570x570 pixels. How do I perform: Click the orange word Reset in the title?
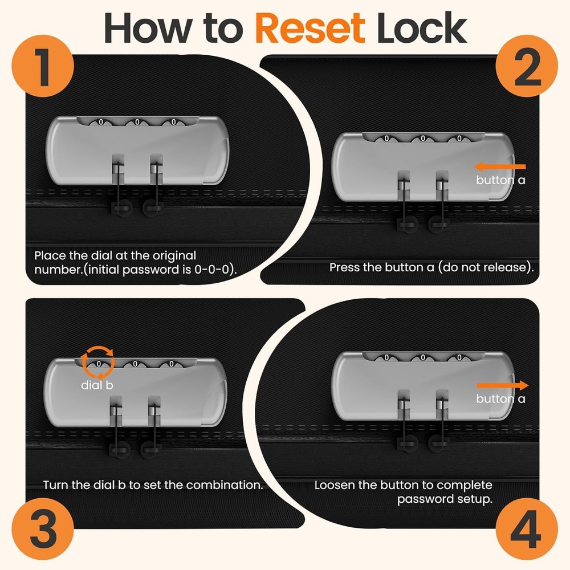(x=310, y=28)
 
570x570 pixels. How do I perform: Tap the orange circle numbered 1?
(x=43, y=66)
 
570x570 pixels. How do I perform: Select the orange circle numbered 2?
(x=527, y=66)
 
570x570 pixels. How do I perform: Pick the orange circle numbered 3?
(x=43, y=528)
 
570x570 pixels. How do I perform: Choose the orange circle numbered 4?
(x=527, y=528)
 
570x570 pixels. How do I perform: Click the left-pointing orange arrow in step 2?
(x=500, y=167)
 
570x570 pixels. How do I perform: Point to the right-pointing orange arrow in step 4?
(x=502, y=385)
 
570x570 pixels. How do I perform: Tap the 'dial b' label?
(x=97, y=385)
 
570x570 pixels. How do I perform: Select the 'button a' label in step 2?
(x=500, y=180)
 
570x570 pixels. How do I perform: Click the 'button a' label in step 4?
(x=500, y=399)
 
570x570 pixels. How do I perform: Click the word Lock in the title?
(x=422, y=28)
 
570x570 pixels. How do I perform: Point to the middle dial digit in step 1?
(x=137, y=122)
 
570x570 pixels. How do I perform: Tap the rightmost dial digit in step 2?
(x=459, y=139)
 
